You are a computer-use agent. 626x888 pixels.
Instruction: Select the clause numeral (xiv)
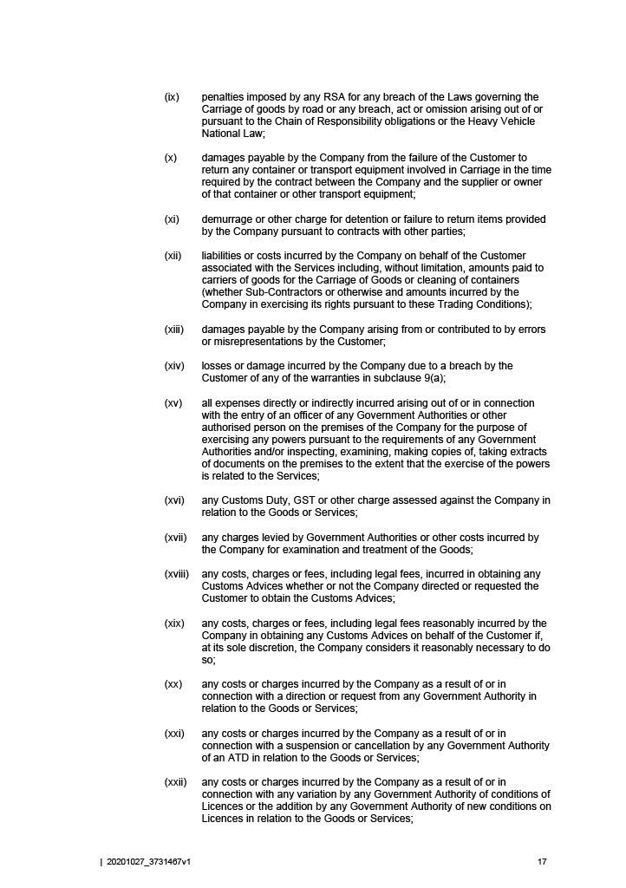(174, 366)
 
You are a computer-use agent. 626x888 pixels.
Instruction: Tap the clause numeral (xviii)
(177, 574)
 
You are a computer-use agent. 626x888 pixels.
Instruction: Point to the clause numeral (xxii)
(175, 782)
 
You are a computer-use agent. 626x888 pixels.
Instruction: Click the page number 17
(542, 862)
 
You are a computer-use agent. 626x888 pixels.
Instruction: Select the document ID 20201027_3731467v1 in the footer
(147, 862)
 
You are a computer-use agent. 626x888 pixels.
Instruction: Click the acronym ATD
(260, 758)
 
